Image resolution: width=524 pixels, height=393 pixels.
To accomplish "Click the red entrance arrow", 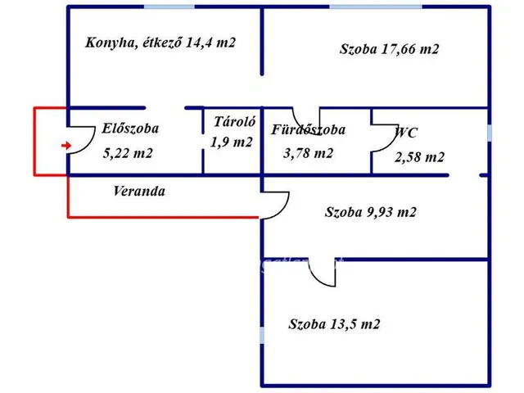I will click(65, 146).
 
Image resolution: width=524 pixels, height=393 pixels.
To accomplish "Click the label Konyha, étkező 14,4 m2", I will click(160, 42).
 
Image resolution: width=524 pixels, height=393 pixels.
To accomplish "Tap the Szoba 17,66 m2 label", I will click(390, 49).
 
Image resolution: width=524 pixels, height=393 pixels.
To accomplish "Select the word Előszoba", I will click(130, 128).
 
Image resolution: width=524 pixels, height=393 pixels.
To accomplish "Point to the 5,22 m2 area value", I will click(128, 153).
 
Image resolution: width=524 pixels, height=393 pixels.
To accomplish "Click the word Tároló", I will click(235, 122).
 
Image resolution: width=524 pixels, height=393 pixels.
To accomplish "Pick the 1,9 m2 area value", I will click(232, 142).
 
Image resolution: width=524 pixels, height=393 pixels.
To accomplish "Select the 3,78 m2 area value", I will click(308, 153).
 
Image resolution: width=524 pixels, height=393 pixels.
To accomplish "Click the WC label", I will click(407, 132).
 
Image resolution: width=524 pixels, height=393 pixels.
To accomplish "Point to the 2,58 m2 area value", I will click(420, 157).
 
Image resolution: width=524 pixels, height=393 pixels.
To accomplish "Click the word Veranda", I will click(139, 192).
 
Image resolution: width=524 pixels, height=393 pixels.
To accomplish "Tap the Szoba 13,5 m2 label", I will click(334, 324).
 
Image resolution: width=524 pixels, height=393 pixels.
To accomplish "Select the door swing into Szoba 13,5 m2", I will click(323, 274).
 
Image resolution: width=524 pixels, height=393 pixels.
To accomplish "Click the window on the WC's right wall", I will click(489, 133).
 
